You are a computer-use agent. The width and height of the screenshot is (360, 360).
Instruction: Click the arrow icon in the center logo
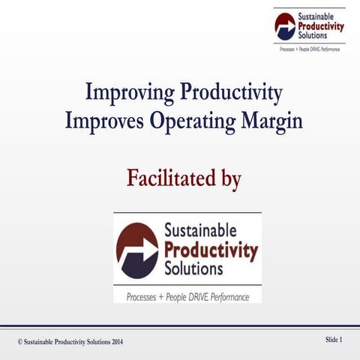tap(137, 250)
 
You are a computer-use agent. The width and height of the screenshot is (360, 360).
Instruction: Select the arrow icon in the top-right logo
tap(286, 26)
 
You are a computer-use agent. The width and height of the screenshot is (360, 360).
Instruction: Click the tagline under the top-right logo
tap(309, 47)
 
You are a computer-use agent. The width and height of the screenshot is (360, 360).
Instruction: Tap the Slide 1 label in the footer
tap(334, 340)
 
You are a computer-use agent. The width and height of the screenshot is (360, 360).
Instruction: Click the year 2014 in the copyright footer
tap(113, 342)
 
